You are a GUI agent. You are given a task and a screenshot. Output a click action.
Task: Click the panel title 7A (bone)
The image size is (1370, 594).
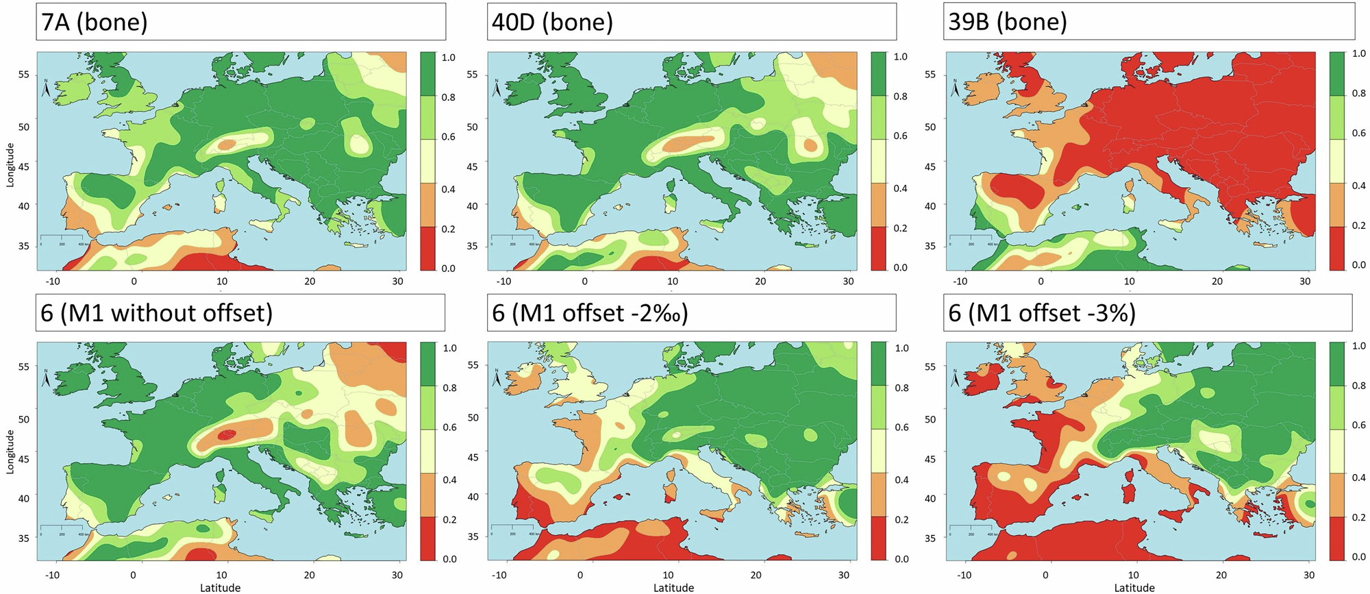point(95,23)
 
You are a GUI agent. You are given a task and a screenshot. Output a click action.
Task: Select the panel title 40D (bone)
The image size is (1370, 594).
point(552,23)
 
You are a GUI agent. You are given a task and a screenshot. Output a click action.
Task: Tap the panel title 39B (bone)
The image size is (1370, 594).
point(1008,22)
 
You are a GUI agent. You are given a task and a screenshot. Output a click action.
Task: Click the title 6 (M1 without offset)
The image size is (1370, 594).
point(157,313)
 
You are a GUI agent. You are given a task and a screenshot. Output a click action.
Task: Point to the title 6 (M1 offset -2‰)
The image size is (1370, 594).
point(590,313)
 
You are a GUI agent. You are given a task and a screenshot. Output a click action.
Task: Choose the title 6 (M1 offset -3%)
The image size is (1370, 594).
point(1042,313)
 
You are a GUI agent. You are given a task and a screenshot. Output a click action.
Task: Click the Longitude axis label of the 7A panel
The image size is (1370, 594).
point(10,164)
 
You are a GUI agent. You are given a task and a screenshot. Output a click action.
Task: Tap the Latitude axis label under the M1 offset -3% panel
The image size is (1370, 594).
point(1134,587)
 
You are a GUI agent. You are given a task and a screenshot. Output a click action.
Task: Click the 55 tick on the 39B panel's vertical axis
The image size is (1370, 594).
point(930,74)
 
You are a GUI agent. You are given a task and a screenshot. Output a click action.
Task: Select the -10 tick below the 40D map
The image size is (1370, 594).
point(503,281)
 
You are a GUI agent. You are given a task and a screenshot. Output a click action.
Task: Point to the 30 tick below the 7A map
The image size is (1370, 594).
point(397,281)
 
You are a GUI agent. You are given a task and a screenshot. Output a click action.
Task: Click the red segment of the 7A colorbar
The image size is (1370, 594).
point(428,248)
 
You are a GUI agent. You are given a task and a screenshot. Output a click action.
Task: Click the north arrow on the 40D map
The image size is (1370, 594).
point(496,89)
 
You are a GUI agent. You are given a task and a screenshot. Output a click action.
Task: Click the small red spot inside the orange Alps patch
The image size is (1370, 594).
point(227,433)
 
